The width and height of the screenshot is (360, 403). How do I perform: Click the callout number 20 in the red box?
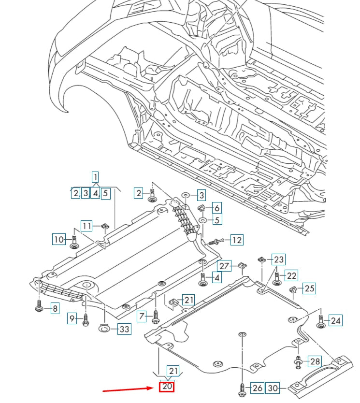pos(167,387)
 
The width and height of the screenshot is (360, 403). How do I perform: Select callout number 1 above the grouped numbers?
pos(96,177)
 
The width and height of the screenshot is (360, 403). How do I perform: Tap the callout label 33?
pos(124,329)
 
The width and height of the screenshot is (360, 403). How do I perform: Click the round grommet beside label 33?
pos(104,329)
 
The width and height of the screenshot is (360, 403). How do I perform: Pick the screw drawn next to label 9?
pos(86,319)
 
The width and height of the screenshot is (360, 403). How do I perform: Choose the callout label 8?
pos(55,308)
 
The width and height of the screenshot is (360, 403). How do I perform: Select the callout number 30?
pos(273,388)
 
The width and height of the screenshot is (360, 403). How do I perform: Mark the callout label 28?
pos(315,361)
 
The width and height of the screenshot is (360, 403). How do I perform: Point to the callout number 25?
pos(309,288)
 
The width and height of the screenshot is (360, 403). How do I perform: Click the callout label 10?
pos(58,239)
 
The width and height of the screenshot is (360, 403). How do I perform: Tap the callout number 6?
pos(216,208)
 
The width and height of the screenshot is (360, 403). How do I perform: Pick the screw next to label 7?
pos(156,317)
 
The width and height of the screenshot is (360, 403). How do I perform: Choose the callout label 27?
pos(224,266)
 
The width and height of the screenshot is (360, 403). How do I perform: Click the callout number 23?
pos(279,259)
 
